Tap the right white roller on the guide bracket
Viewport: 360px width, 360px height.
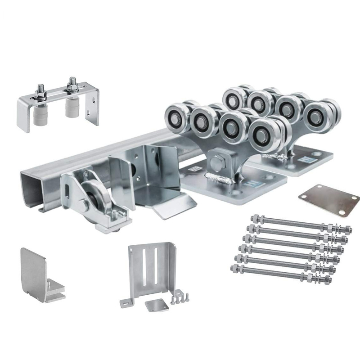coord(72,108)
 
